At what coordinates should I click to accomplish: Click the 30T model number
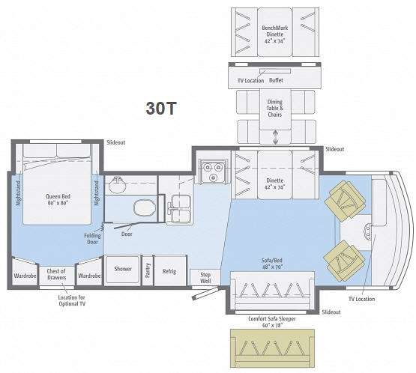tap(161, 108)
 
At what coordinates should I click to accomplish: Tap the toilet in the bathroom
tap(145, 207)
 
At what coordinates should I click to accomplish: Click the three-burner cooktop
tap(213, 172)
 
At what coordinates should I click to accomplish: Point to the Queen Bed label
tap(58, 199)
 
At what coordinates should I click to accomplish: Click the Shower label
tap(123, 269)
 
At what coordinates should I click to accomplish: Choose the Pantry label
tap(148, 270)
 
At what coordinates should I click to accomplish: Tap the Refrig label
tap(169, 271)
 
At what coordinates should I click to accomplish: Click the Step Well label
tap(205, 278)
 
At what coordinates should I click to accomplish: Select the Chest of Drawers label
tap(56, 274)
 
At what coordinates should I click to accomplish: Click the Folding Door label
tap(92, 239)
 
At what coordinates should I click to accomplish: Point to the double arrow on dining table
tap(275, 137)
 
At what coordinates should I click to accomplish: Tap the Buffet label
tap(276, 80)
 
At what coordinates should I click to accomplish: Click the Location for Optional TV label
tap(72, 300)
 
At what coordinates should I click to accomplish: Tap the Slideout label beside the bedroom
tap(116, 142)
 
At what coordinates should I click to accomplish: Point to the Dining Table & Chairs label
tap(275, 108)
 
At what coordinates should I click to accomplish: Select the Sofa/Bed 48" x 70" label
tap(272, 264)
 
